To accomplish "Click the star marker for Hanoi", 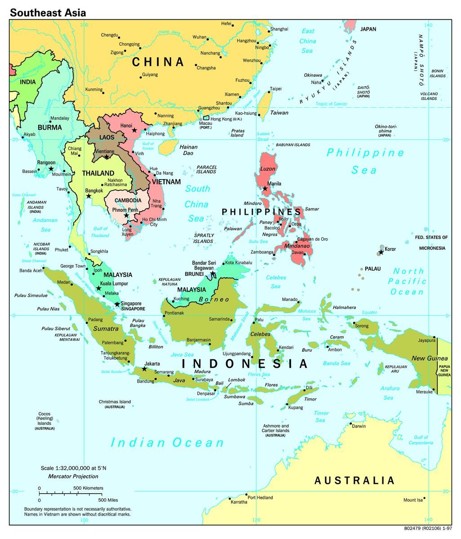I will point(134,130).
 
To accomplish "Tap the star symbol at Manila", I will point(265,189).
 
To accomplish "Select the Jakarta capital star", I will point(144,369).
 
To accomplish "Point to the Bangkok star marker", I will point(89,196).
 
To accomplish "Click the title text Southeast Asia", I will point(48,13).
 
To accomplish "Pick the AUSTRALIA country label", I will point(354,481).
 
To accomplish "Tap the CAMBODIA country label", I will point(128,201).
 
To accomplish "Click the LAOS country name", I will point(107,137).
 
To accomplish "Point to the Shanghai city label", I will point(279,29).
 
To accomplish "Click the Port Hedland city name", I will point(260,498).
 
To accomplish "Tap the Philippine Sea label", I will point(365,161).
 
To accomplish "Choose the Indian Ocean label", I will point(167,443).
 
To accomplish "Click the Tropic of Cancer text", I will point(331,104).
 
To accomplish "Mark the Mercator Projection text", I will point(73,476).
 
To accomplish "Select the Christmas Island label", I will point(115,402).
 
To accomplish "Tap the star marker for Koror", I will point(381,252).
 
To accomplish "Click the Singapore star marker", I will point(117,305).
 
